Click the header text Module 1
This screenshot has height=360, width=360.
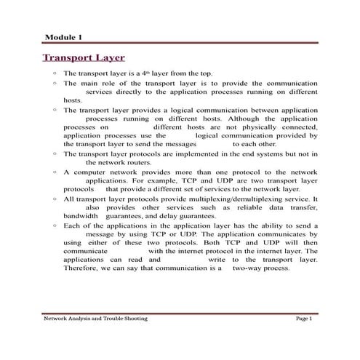63,36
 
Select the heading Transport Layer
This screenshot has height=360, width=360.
84,57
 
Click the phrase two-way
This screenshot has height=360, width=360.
246,268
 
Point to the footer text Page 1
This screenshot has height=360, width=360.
303,319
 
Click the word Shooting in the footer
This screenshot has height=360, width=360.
132,319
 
